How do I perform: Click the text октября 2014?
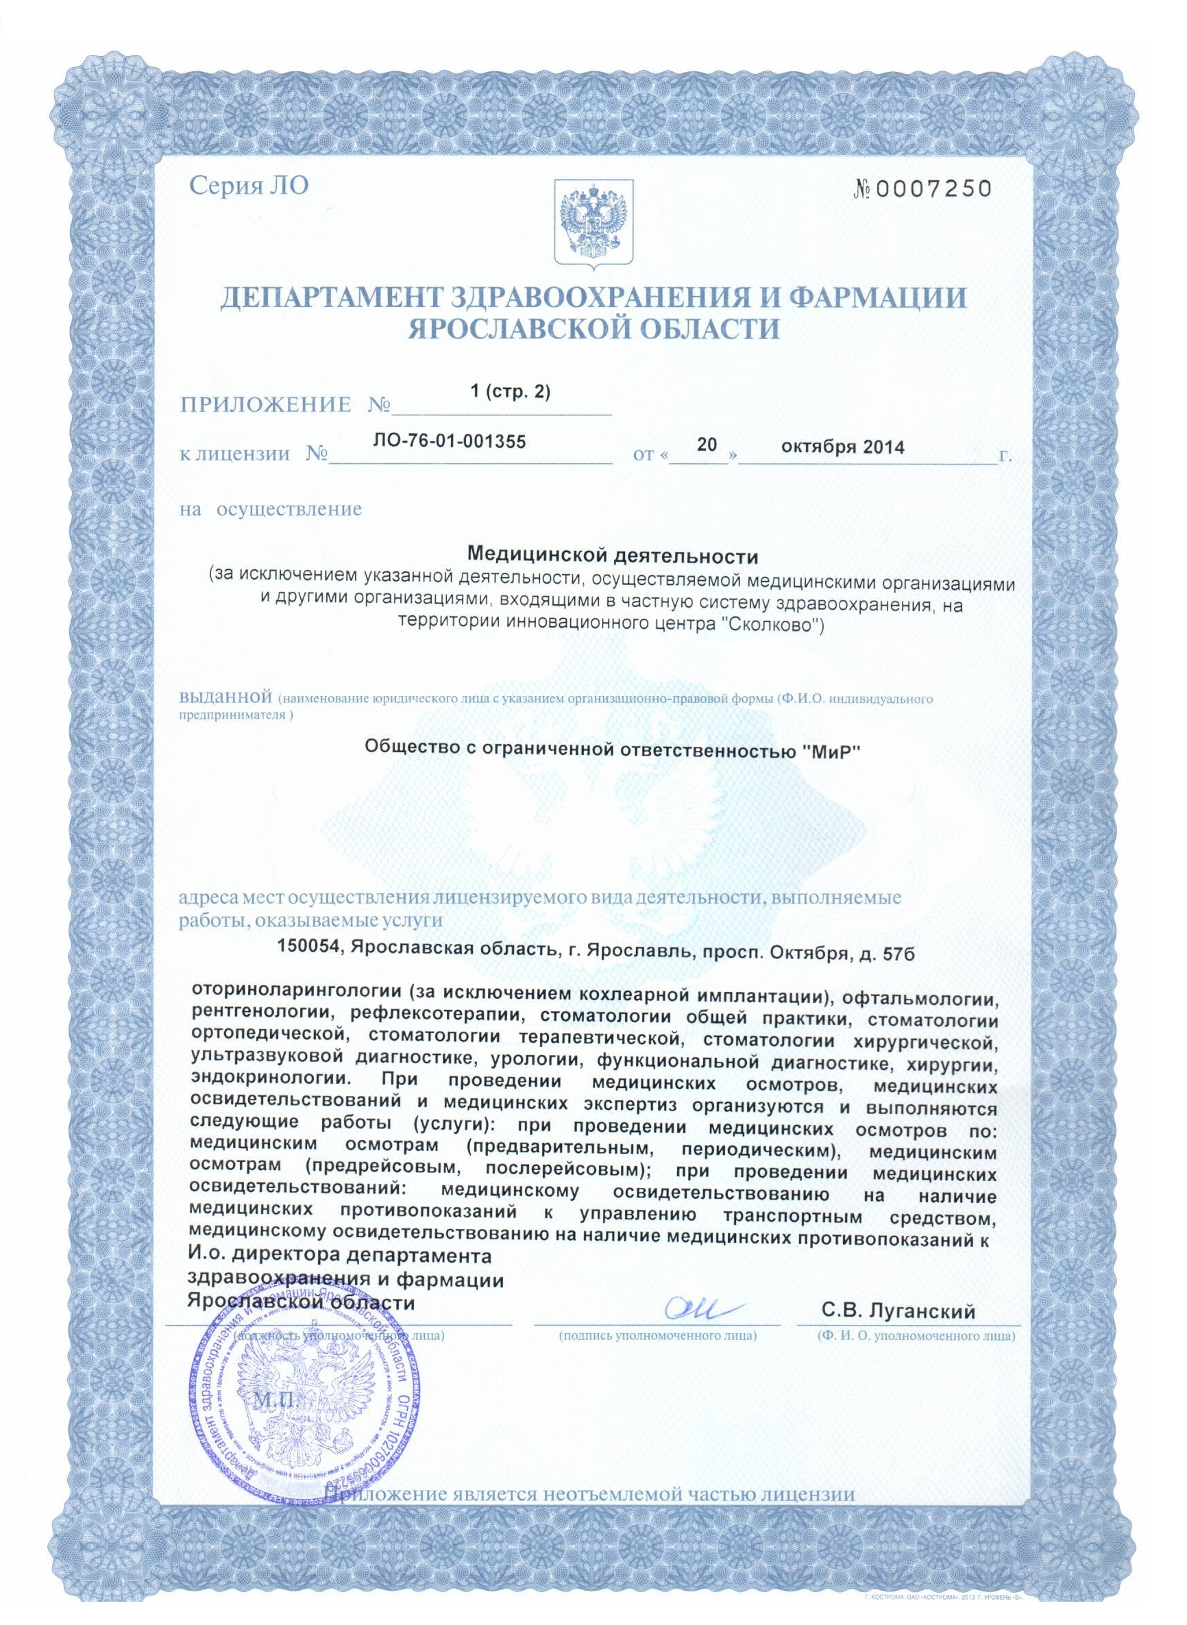[x=843, y=445]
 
